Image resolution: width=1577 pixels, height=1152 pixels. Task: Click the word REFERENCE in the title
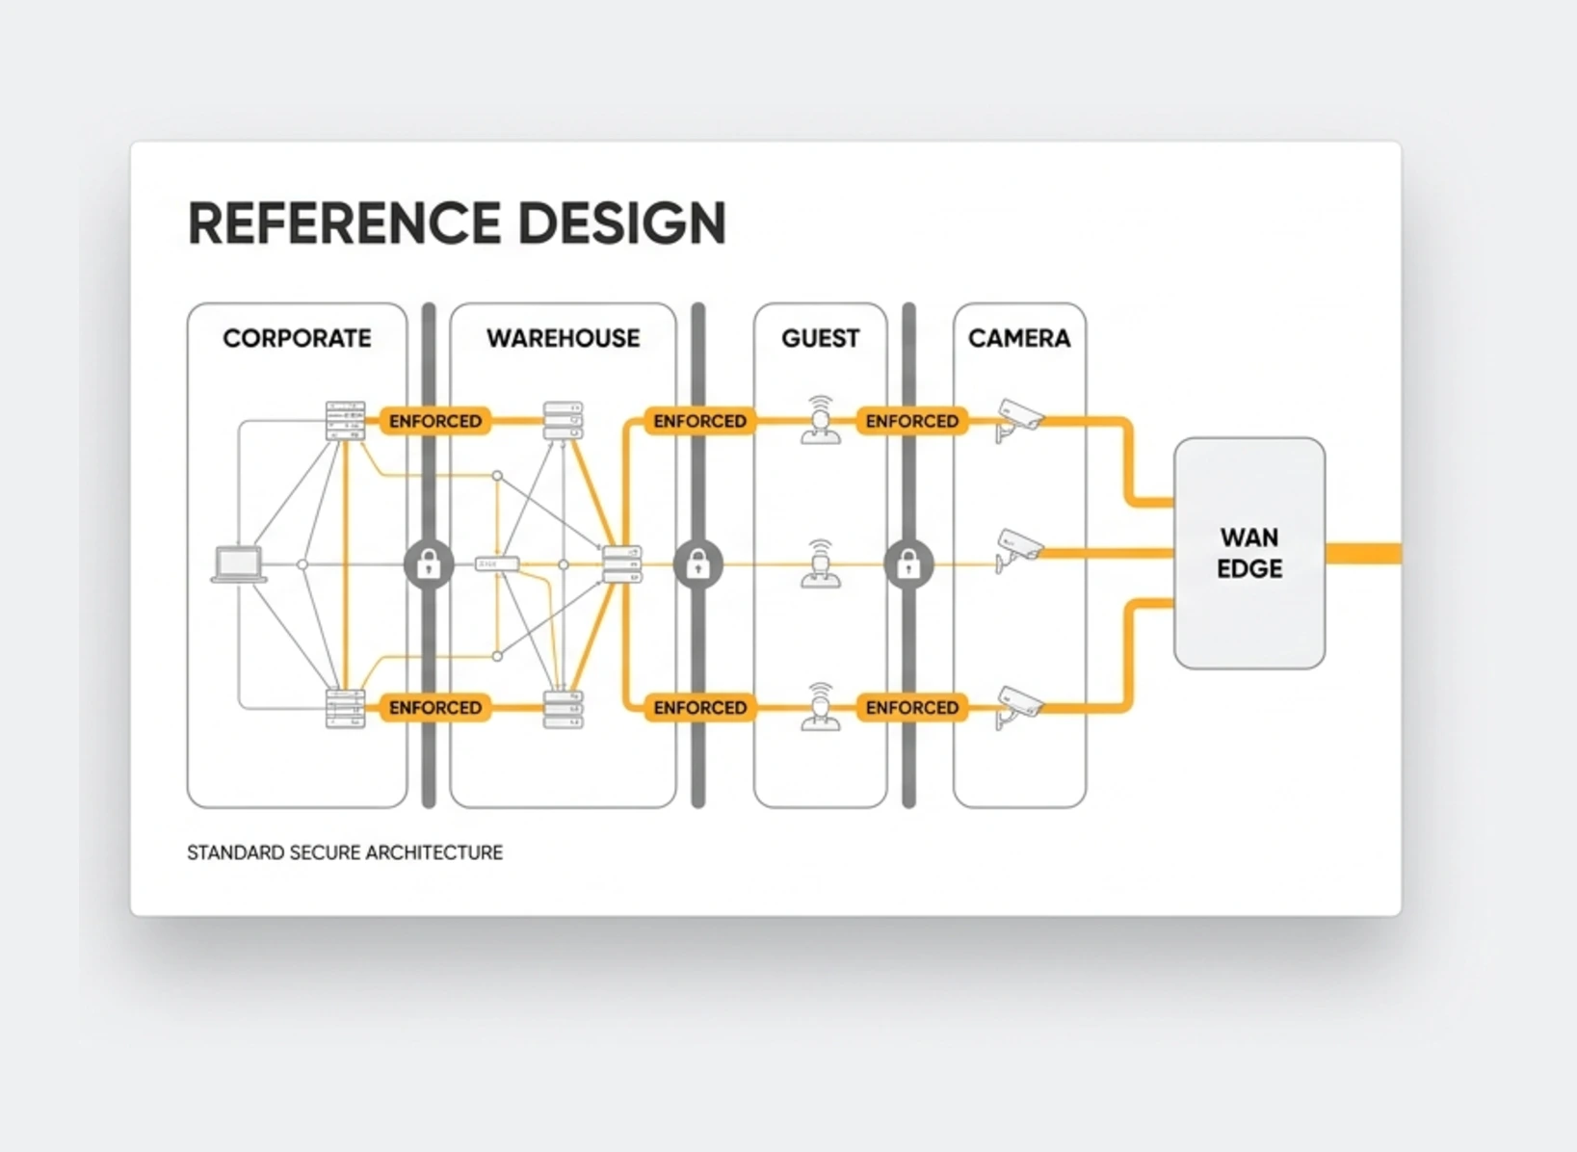point(344,223)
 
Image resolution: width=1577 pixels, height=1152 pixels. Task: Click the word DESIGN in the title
point(621,223)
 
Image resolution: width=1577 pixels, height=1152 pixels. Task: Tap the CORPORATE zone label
point(297,338)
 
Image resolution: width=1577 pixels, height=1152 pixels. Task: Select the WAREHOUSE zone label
point(564,338)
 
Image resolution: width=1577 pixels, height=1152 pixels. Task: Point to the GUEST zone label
point(820,338)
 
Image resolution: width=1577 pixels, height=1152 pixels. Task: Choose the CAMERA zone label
point(1019,338)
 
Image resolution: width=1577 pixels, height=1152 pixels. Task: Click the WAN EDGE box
point(1249,553)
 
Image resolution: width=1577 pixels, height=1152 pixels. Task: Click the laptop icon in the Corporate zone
point(239,564)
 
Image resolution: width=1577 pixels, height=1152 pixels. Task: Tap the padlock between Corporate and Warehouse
point(429,564)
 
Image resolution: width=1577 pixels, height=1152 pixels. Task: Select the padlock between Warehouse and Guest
point(697,564)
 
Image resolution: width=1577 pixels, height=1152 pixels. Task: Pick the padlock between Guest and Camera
point(908,564)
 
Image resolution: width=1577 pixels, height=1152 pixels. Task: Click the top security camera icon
point(1018,419)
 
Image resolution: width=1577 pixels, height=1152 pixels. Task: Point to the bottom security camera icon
point(1018,707)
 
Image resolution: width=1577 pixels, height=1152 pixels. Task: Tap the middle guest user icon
point(821,563)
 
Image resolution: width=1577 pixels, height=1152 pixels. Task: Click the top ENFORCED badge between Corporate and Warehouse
point(435,421)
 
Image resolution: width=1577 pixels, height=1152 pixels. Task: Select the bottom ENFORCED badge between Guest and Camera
point(911,707)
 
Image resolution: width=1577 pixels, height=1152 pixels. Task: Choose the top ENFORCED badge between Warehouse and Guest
point(699,421)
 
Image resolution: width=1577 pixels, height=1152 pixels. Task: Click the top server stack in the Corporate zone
point(345,421)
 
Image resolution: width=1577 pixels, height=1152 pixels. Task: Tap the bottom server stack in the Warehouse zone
point(564,709)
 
